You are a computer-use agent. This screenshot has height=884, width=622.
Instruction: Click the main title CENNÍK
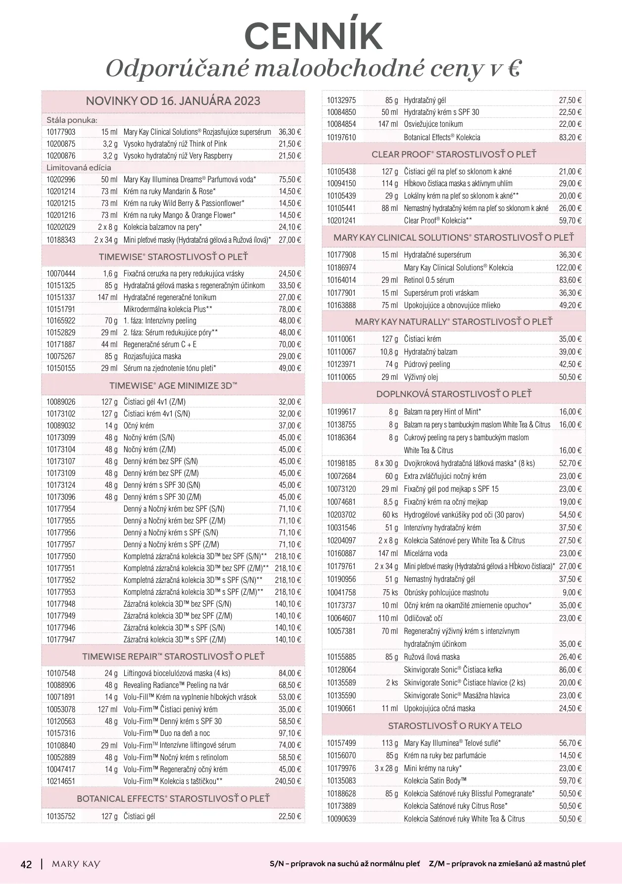[313, 36]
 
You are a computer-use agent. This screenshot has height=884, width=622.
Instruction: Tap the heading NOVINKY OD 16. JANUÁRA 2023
[173, 101]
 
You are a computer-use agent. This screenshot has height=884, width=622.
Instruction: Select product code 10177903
[61, 132]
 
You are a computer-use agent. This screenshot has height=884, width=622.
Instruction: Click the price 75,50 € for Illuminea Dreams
[289, 180]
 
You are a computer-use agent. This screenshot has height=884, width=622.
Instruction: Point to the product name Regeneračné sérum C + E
[160, 345]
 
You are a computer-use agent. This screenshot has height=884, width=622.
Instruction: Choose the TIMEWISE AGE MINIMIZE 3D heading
[173, 386]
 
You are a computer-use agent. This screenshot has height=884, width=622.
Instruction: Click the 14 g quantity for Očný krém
[111, 426]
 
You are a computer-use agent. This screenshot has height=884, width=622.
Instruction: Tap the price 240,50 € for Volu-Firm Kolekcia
[288, 781]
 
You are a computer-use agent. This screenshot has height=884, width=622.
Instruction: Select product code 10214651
[61, 781]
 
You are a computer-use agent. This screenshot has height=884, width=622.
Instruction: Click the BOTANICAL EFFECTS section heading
[173, 799]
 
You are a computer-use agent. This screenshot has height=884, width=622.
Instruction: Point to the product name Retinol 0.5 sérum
[429, 280]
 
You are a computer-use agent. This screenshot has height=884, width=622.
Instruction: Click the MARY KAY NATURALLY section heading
[453, 322]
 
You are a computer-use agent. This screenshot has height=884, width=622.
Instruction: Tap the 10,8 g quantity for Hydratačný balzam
[388, 352]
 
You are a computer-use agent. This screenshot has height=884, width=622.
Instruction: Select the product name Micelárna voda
[426, 554]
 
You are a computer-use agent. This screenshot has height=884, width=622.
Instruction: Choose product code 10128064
[341, 670]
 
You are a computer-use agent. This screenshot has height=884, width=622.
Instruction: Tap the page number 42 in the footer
[26, 865]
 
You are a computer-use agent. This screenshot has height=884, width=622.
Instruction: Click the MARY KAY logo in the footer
[76, 864]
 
